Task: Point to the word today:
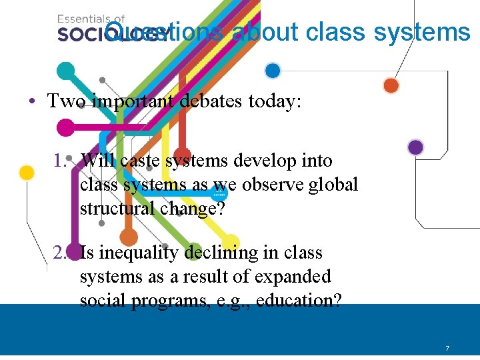point(279,101)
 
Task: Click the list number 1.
point(61,161)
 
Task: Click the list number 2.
point(61,253)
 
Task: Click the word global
point(333,184)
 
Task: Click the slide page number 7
point(447,349)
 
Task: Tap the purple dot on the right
point(415,147)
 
